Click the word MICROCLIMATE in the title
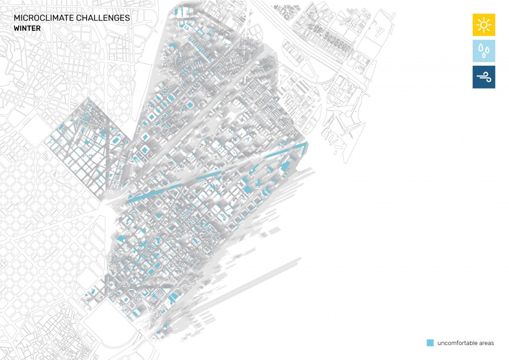[44, 18]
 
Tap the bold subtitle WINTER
[27, 28]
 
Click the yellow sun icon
[484, 25]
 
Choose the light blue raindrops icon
[484, 51]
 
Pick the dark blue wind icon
[484, 77]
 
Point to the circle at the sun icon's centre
[484, 25]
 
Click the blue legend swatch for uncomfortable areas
[430, 343]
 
